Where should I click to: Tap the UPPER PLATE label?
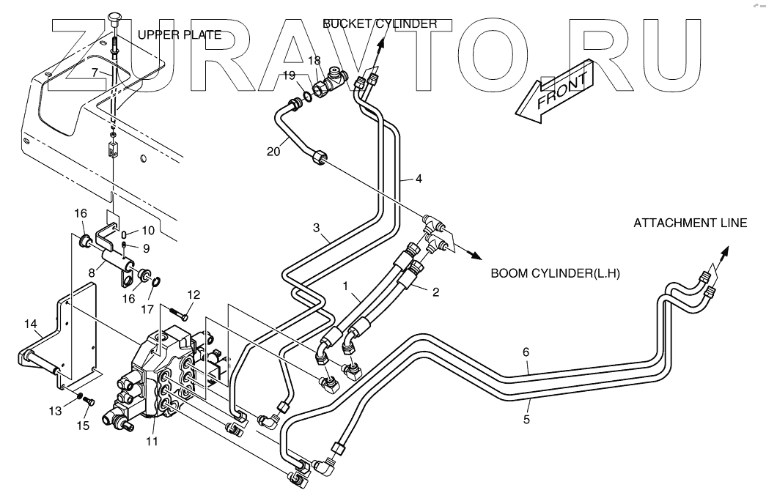(x=180, y=34)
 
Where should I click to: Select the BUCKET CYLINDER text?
(x=380, y=23)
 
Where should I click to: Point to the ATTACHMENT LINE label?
(x=690, y=223)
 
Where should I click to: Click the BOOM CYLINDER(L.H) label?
(x=555, y=273)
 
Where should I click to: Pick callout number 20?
(x=273, y=152)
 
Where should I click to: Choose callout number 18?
(x=314, y=61)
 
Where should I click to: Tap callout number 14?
(x=30, y=324)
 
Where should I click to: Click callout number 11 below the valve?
(x=152, y=442)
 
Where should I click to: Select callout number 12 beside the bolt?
(x=194, y=294)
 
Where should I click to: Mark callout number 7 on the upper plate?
(x=95, y=73)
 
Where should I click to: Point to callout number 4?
(x=419, y=179)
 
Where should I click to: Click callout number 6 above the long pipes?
(x=526, y=352)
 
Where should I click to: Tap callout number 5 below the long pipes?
(x=526, y=419)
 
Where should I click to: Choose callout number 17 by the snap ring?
(x=147, y=309)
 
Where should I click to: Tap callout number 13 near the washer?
(x=55, y=411)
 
